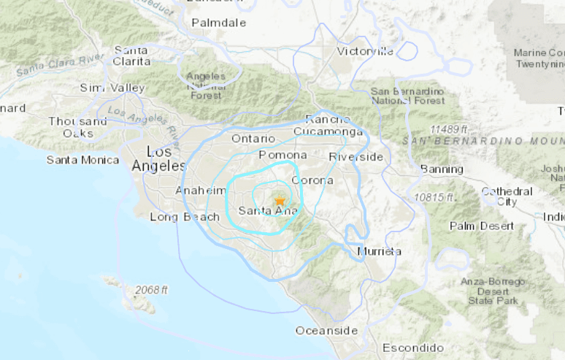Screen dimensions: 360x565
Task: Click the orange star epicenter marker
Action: point(280,201)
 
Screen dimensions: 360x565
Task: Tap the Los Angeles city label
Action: point(158,159)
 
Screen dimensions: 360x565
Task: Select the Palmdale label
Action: point(218,23)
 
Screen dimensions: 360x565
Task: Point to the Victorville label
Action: point(365,51)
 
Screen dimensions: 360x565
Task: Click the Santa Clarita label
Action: point(132,55)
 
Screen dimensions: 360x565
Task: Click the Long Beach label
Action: point(185,217)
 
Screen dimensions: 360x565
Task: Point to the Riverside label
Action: point(355,157)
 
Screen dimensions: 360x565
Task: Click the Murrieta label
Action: point(379,251)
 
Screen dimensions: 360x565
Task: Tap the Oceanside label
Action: point(326,331)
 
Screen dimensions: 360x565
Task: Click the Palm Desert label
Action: point(481,226)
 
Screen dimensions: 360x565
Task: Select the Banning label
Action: point(442,169)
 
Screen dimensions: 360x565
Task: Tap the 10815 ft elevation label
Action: point(432,198)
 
